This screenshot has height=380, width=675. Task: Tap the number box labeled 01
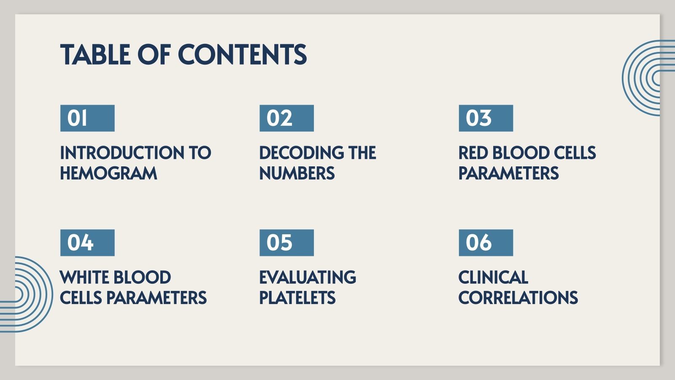coord(87,118)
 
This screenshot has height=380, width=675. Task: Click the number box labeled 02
coord(286,118)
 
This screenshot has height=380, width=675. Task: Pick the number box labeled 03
coord(486,118)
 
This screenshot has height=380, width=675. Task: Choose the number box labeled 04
coord(87,243)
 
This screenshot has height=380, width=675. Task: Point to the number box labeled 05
coord(286,243)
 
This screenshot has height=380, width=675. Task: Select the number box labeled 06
coord(486,243)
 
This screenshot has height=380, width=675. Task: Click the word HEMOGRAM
coord(108,174)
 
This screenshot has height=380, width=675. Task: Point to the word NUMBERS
coord(297,174)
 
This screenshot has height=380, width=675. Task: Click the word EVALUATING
coord(308,277)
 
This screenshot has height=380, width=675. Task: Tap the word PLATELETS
coord(297,298)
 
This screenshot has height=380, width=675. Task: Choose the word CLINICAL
coord(493,277)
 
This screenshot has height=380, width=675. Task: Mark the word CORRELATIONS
coord(518,298)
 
